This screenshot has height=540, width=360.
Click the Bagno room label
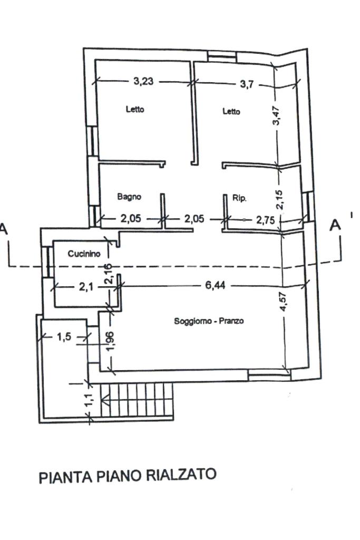tap(129, 197)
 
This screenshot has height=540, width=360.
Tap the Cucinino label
tap(84, 254)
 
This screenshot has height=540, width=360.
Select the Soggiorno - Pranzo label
tap(209, 321)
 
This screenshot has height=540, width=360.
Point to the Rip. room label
tap(240, 198)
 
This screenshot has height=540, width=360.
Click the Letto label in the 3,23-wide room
tap(135, 110)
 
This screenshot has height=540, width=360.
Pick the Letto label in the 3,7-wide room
tap(231, 111)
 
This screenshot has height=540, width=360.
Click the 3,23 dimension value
tap(143, 82)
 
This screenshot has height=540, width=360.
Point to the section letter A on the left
tap(4, 229)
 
